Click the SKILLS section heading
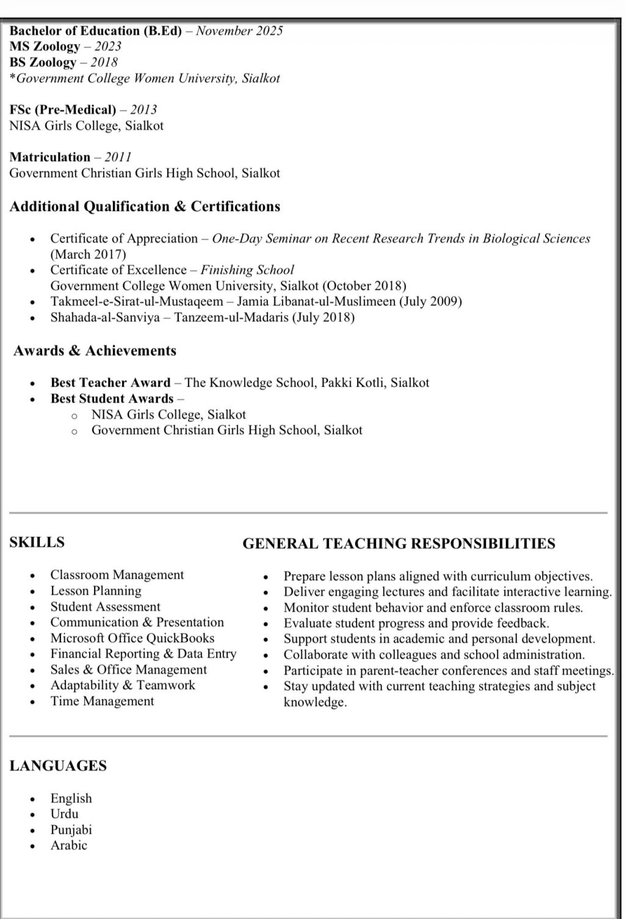tap(37, 542)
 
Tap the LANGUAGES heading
tap(58, 766)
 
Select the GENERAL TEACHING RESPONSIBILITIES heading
tap(399, 543)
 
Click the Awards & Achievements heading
tap(95, 351)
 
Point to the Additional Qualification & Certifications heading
tap(145, 207)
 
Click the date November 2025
tap(239, 31)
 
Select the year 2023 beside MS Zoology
tap(107, 46)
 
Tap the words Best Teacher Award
tap(110, 383)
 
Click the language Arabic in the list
tap(69, 845)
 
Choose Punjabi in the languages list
tap(71, 829)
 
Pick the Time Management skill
tap(102, 701)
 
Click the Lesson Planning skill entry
tap(96, 590)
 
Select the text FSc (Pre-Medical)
tap(62, 110)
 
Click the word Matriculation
tap(50, 157)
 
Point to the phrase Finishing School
tap(247, 270)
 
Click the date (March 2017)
tap(88, 254)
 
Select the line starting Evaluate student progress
tap(416, 623)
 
